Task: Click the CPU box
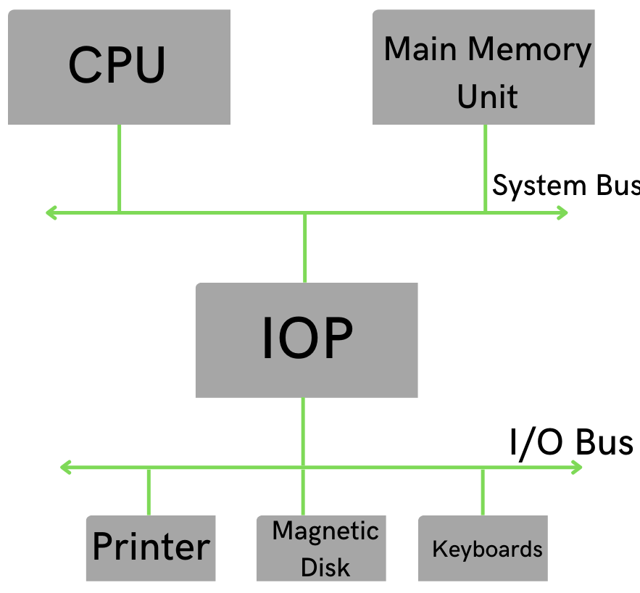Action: (119, 67)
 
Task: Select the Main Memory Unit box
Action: (483, 67)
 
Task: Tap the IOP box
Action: (307, 340)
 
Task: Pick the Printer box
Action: (151, 548)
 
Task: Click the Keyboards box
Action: (483, 548)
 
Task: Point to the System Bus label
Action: (565, 186)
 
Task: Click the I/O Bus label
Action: (571, 442)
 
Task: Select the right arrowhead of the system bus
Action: (562, 212)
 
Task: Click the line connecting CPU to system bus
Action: (119, 168)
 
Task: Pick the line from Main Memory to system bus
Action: (485, 168)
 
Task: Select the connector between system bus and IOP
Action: (304, 248)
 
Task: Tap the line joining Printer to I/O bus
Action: (149, 492)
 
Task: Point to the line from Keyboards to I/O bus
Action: (483, 492)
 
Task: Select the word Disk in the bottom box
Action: (325, 566)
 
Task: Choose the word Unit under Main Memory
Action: (487, 96)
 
